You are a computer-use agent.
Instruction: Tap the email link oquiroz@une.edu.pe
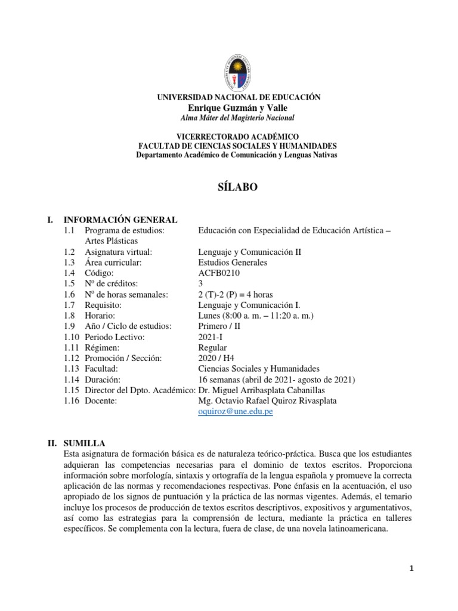(235, 412)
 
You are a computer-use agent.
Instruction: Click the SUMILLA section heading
(85, 443)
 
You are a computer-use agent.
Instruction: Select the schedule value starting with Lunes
(256, 315)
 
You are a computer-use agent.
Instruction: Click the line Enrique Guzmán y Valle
(237, 107)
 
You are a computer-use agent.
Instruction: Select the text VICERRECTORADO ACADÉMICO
(237, 137)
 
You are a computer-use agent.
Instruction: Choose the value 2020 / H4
(216, 358)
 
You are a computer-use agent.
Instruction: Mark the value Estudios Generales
(232, 262)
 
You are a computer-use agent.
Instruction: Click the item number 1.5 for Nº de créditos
(70, 283)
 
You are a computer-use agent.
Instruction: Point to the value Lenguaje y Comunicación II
(249, 251)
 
